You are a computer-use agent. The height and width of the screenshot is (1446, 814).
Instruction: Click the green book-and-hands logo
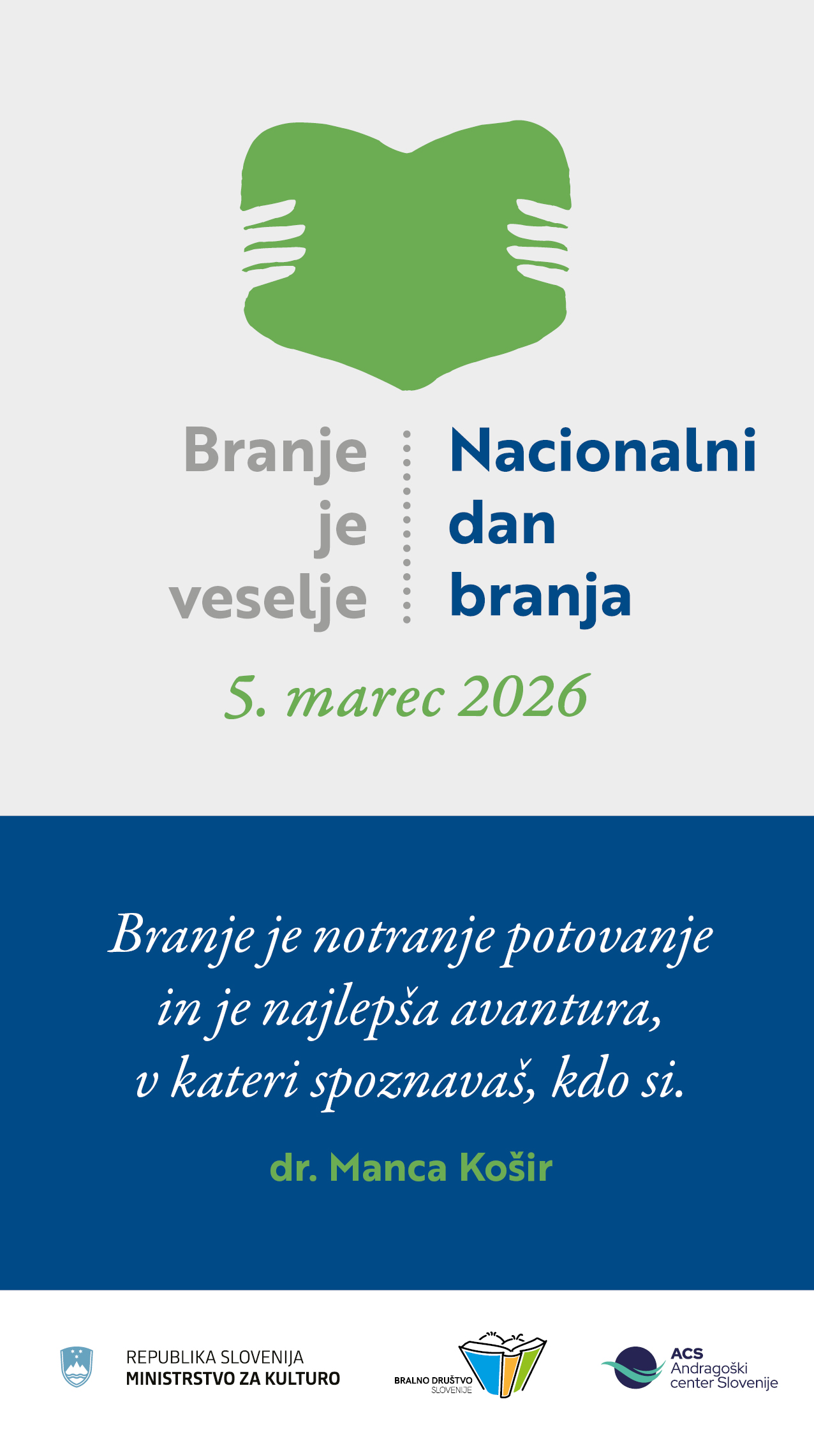point(406,255)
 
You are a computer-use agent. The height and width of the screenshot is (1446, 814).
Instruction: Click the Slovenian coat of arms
point(77,1367)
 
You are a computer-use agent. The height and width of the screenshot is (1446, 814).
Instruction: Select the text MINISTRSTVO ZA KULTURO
point(233,1378)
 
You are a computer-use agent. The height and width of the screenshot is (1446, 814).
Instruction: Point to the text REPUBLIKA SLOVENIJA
point(215,1357)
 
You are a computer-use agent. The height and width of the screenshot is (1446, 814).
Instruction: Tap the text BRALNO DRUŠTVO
point(433,1380)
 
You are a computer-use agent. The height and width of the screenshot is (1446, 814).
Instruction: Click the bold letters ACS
point(687,1354)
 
